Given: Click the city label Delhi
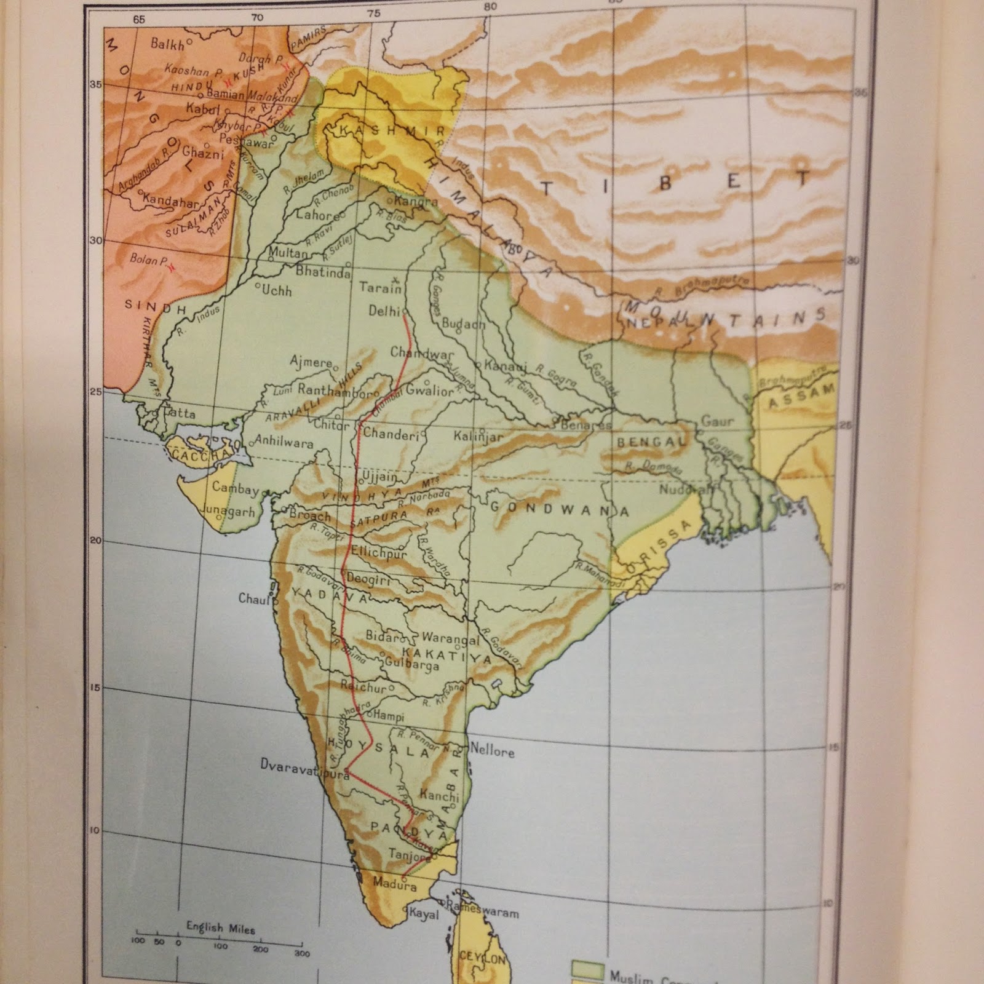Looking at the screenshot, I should coord(384,311).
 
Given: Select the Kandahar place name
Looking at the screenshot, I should coord(170,202).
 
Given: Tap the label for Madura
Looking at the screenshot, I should coord(394,884).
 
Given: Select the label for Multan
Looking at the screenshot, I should coord(288,253).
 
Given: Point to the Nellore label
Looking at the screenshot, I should coord(492,751).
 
